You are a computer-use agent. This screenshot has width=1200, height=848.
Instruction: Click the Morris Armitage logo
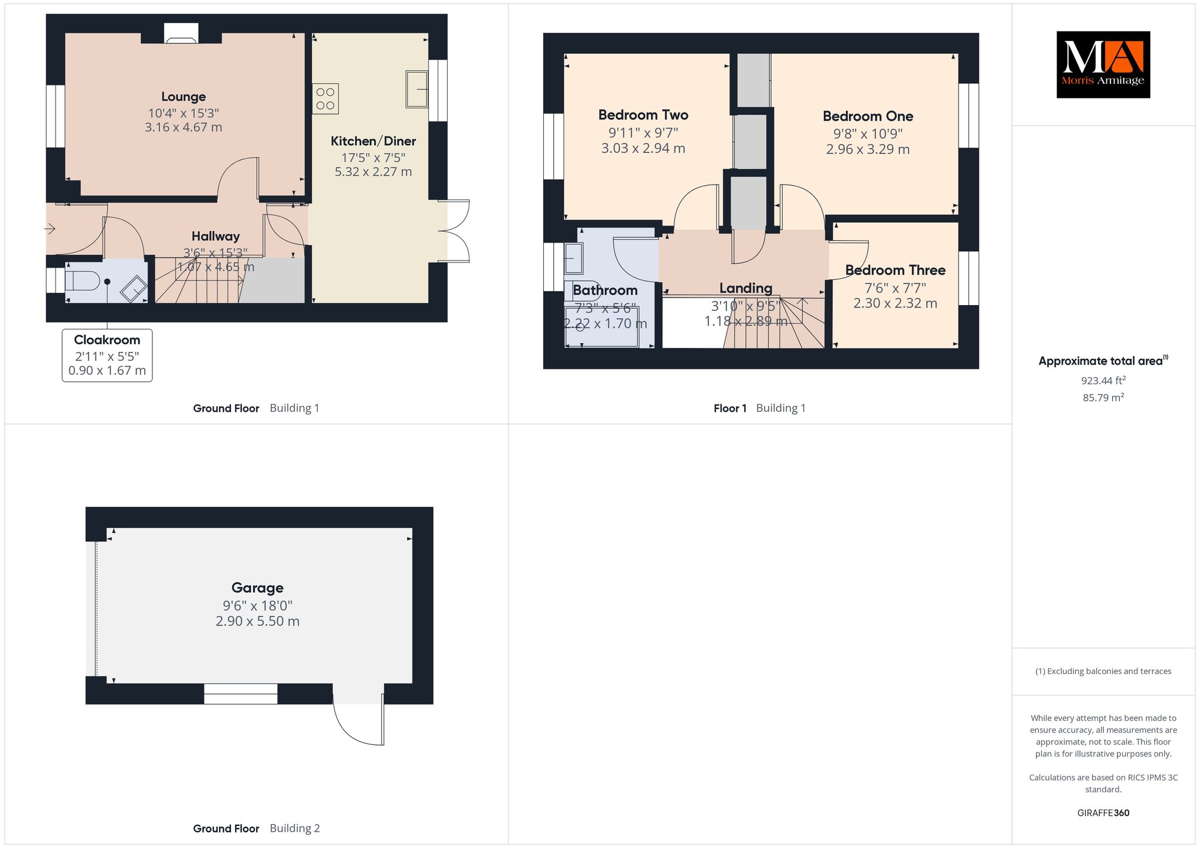point(1103,64)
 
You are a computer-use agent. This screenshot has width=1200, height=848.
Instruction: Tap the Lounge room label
point(183,97)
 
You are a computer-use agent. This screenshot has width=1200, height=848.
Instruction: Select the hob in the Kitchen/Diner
point(325,99)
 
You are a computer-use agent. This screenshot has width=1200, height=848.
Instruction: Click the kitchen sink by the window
point(417,89)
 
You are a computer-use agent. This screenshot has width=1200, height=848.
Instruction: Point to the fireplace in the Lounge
point(181,33)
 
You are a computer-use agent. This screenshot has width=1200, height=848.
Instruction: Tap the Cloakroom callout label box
point(107,355)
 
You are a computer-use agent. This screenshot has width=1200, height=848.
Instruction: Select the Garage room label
point(257,587)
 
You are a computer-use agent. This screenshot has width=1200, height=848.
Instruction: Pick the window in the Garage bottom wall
point(241,694)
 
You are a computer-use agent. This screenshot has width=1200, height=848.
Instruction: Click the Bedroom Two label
point(643,115)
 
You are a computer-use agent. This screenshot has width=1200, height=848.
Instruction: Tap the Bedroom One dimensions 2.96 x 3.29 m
point(868,149)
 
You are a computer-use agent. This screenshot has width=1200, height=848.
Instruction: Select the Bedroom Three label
point(895,270)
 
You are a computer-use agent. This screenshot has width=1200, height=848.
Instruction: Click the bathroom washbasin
point(574,258)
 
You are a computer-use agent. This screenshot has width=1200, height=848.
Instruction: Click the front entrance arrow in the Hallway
point(50,228)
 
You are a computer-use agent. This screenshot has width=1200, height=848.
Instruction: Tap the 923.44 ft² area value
point(1103,381)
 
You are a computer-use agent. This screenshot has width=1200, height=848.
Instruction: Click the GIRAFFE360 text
point(1103,813)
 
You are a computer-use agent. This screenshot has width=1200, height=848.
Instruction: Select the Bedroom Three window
point(969,278)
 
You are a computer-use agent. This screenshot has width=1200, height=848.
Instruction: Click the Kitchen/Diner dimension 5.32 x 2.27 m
point(373,172)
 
